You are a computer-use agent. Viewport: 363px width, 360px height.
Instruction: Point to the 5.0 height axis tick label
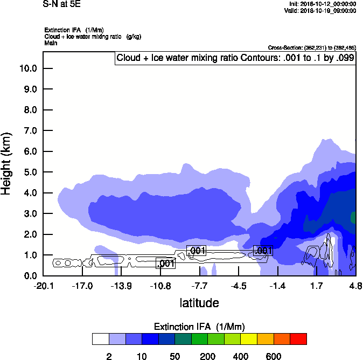tap(30, 172)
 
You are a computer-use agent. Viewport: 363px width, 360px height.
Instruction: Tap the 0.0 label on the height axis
tap(30, 276)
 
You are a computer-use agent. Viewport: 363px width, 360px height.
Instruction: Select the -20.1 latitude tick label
tap(43, 286)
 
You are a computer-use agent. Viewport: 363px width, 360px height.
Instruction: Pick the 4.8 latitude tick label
tap(355, 286)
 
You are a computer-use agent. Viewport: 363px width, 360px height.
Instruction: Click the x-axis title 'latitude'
tap(199, 303)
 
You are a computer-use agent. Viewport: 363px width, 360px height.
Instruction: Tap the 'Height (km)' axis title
tap(8, 163)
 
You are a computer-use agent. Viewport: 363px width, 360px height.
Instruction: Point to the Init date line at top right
tap(322, 4)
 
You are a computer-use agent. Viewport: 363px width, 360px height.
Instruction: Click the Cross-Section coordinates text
tap(311, 48)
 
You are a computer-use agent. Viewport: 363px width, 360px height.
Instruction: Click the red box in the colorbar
tap(298, 339)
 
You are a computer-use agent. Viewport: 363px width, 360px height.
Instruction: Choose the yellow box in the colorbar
tap(249, 339)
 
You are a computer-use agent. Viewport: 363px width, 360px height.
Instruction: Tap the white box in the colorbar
tap(101, 339)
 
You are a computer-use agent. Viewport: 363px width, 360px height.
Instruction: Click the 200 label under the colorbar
tap(208, 356)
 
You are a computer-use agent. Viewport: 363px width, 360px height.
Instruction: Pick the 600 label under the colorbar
tap(274, 356)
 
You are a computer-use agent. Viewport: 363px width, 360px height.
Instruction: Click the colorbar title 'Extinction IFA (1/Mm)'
tap(199, 327)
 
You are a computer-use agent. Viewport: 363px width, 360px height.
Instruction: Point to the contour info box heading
tap(235, 58)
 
